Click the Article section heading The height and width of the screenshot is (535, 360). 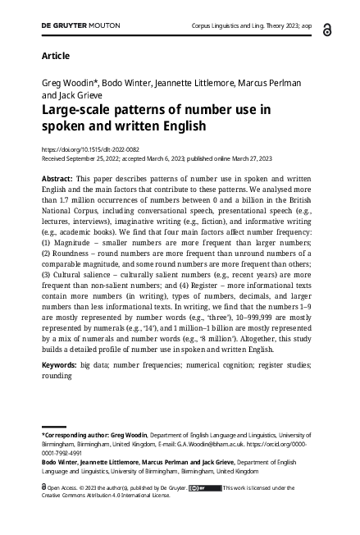click(55, 56)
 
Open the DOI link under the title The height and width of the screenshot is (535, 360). click(89, 149)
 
